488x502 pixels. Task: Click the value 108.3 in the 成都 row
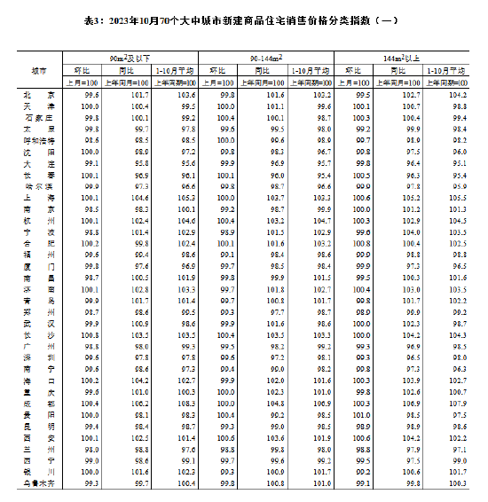coord(185,404)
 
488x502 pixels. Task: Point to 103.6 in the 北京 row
coord(185,94)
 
